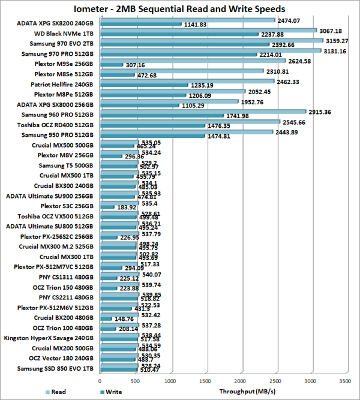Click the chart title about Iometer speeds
pyautogui.click(x=179, y=9)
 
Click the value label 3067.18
pyautogui.click(x=331, y=31)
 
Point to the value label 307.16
pyautogui.click(x=136, y=65)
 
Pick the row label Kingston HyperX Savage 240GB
pyautogui.click(x=53, y=338)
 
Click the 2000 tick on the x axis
pyautogui.click(x=240, y=380)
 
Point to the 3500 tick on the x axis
pyautogui.click(x=344, y=380)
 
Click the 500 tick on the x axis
pyautogui.click(x=136, y=380)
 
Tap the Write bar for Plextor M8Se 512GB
pyautogui.click(x=118, y=75)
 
